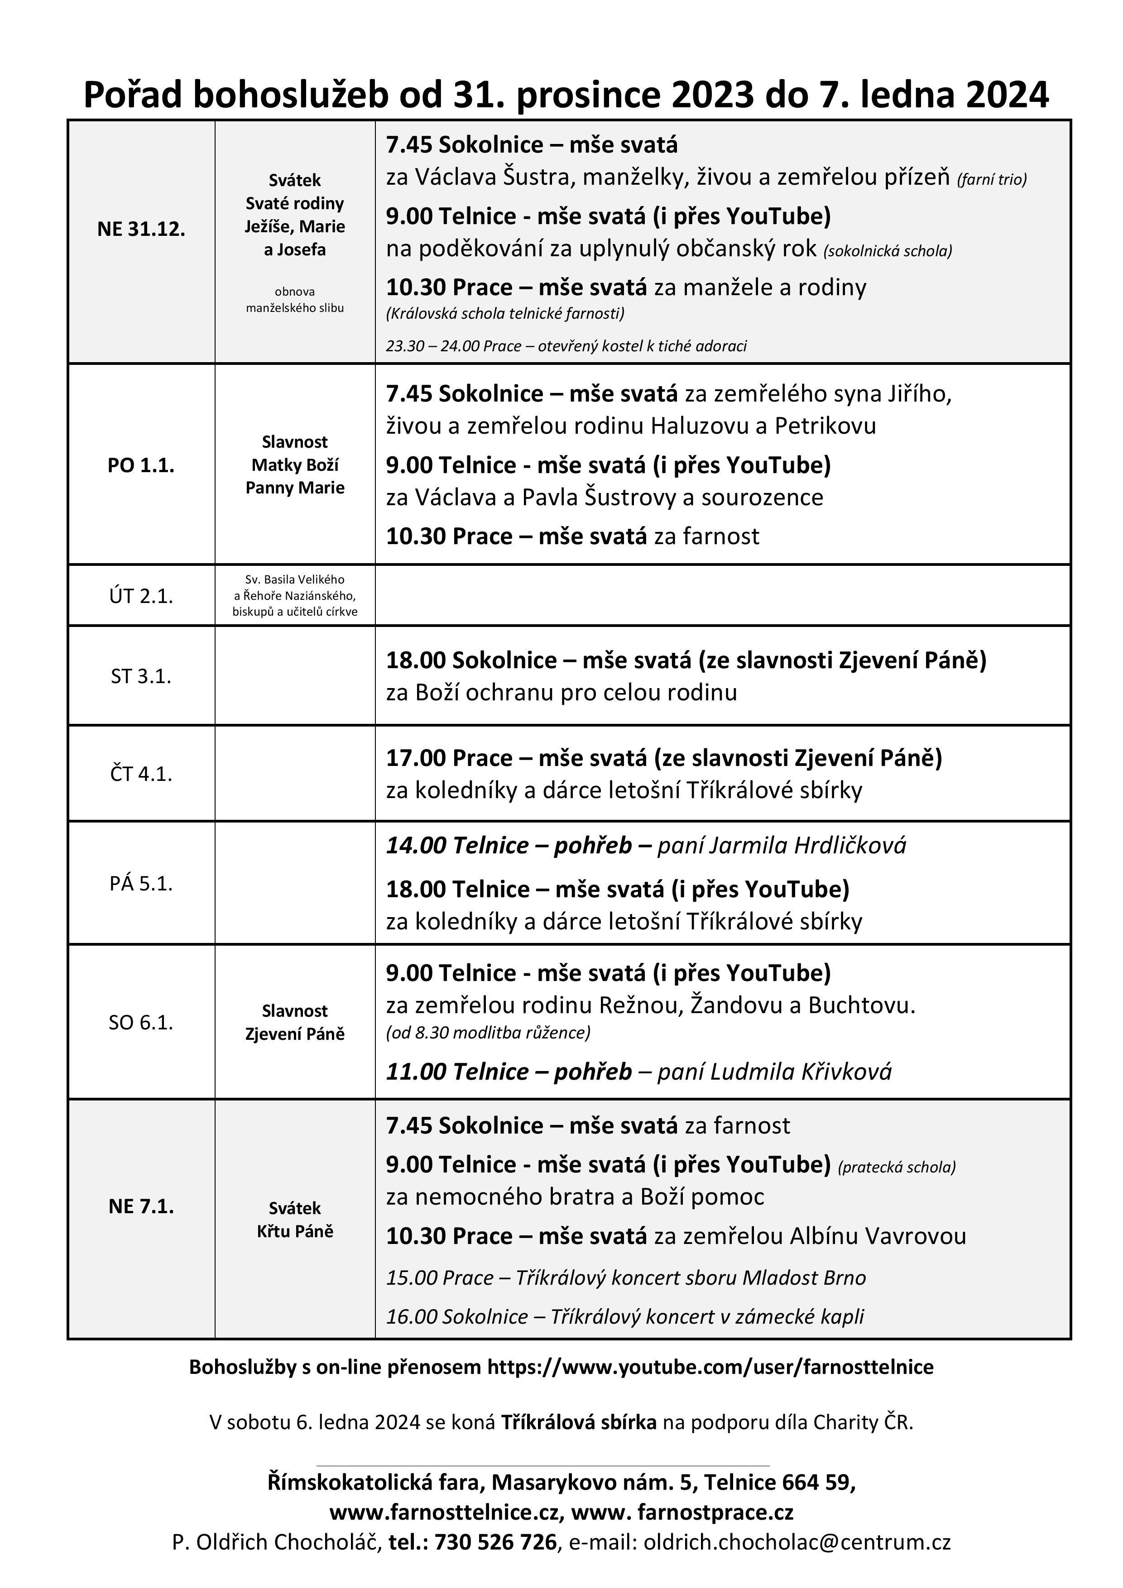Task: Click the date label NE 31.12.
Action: pos(141,230)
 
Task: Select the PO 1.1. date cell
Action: pos(141,465)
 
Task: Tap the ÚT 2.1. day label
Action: pos(141,596)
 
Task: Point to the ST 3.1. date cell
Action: pos(141,676)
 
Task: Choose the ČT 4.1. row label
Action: pos(141,774)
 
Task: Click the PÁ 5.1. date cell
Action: pos(141,884)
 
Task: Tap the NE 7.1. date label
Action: pos(141,1206)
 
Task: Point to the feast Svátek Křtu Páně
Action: pos(295,1220)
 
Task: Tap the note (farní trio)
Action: pos(992,180)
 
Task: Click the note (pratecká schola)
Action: pos(897,1167)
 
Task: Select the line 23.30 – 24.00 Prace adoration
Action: pos(566,346)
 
